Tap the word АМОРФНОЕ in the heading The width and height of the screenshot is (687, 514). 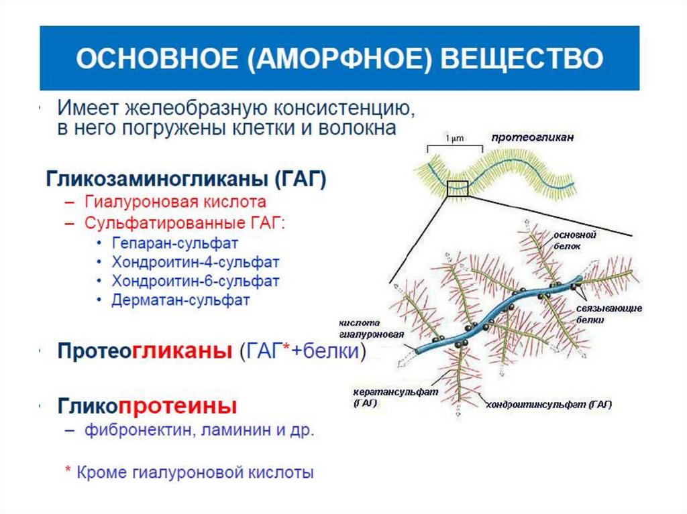point(338,58)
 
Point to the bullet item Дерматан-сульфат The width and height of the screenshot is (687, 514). point(181,300)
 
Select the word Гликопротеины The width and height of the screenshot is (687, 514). point(147,405)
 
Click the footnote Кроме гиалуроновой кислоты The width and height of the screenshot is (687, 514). point(195,472)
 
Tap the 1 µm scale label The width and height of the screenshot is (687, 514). point(455,139)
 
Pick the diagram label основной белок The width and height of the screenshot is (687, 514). point(575,241)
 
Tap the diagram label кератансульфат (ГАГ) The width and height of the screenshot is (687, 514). point(381,397)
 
